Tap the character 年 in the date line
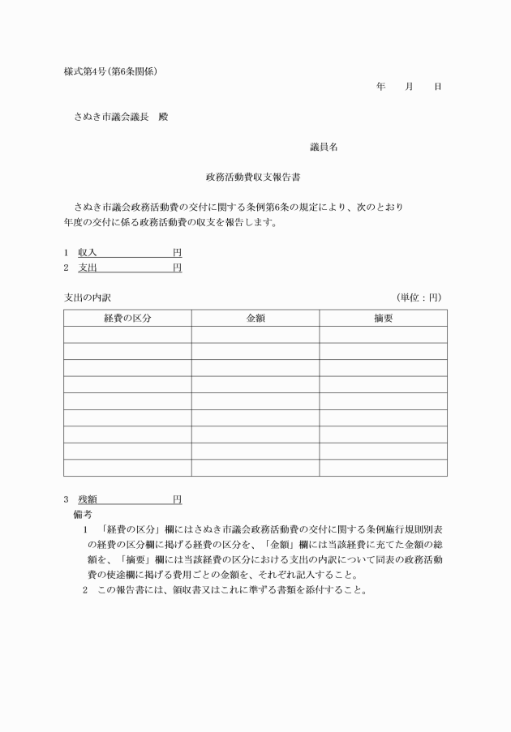tap(381, 87)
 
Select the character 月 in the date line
tap(410, 87)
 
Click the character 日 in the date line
tap(438, 87)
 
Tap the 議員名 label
tap(324, 147)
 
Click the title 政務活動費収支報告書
tap(255, 176)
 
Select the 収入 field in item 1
tap(130, 253)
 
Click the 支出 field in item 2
tap(130, 267)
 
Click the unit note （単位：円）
tap(419, 298)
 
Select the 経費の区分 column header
tap(127, 319)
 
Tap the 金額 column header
tap(255, 319)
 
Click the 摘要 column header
tap(383, 319)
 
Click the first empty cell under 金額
tap(255, 335)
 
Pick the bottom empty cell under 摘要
tap(383, 468)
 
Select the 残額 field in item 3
tap(130, 499)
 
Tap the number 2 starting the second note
tap(84, 589)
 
